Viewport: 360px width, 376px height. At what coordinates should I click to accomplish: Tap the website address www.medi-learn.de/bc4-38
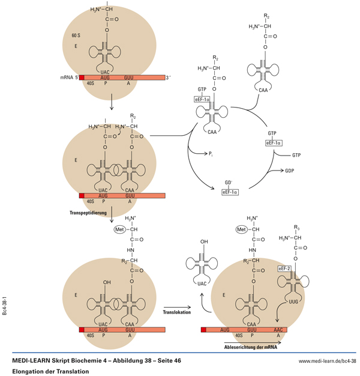click(328, 361)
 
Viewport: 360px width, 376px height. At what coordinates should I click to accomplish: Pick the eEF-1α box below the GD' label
click(230, 192)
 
